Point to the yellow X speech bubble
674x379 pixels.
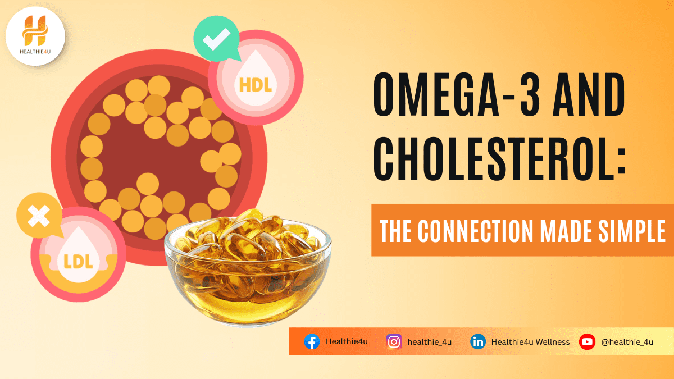(38, 216)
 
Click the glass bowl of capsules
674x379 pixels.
(247, 264)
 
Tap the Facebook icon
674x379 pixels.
(312, 341)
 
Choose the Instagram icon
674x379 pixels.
(394, 341)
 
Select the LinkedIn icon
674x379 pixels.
(478, 341)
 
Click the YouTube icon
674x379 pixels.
(587, 341)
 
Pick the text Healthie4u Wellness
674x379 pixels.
(530, 342)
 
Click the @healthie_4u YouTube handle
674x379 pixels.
(627, 342)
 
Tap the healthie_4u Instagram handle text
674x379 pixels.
(430, 342)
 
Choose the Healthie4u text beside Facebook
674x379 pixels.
(347, 342)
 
